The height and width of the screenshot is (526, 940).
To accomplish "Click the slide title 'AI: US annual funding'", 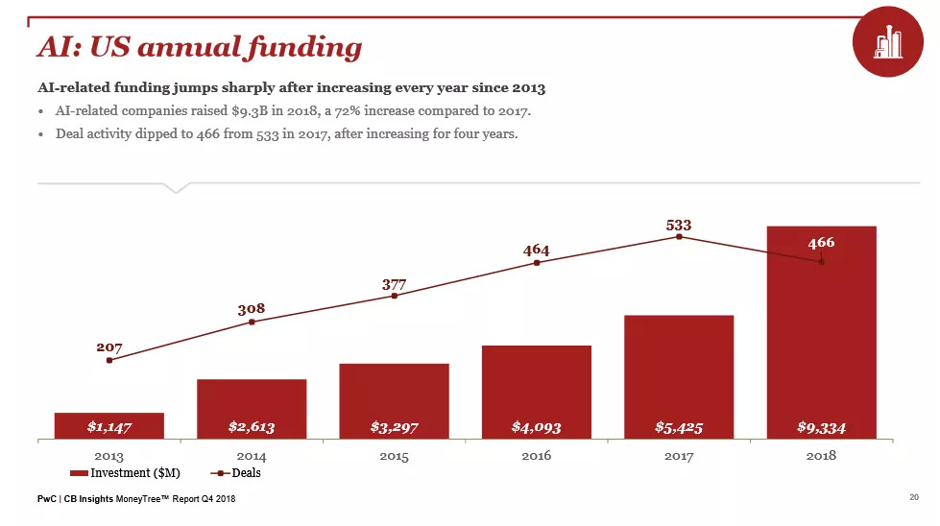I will (199, 46).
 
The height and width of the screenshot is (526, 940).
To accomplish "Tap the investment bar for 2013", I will (109, 426).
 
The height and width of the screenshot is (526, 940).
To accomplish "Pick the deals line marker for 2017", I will (679, 237).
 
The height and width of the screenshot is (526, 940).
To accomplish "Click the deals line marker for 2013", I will (109, 360).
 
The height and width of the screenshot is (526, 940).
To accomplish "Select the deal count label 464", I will (536, 251).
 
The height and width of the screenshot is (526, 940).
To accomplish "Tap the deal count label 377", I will (394, 284).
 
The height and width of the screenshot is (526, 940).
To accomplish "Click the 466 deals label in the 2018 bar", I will (821, 244).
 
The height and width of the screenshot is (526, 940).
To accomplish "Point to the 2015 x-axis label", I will (394, 456).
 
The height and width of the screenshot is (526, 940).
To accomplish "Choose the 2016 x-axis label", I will (536, 456).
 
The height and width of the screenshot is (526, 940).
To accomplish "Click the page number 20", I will (913, 497).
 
